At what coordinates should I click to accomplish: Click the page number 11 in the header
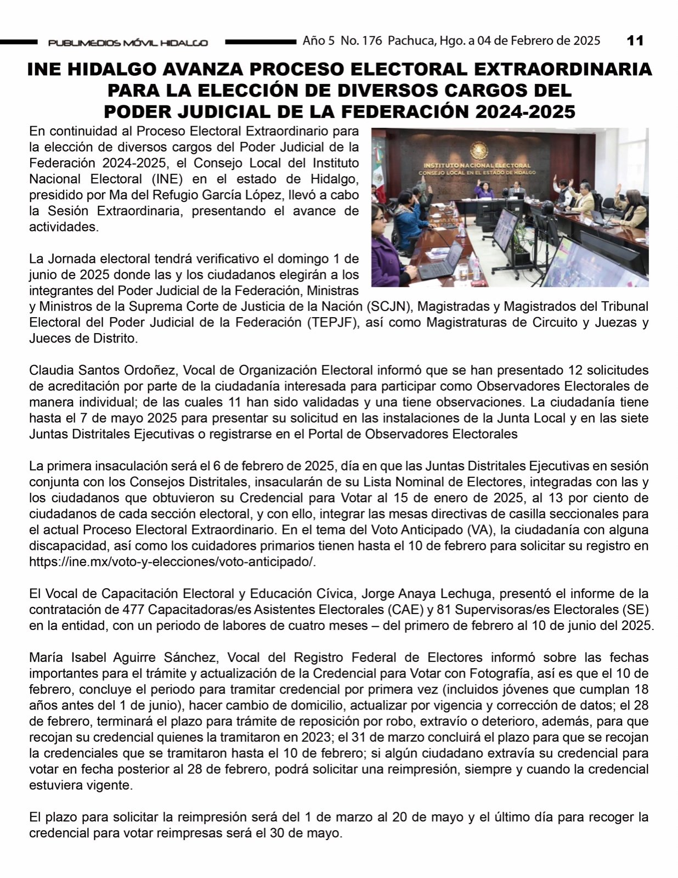pos(635,41)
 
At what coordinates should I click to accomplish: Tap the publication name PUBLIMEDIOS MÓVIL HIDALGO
pos(128,43)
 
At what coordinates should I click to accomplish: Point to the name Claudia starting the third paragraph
pos(49,370)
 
